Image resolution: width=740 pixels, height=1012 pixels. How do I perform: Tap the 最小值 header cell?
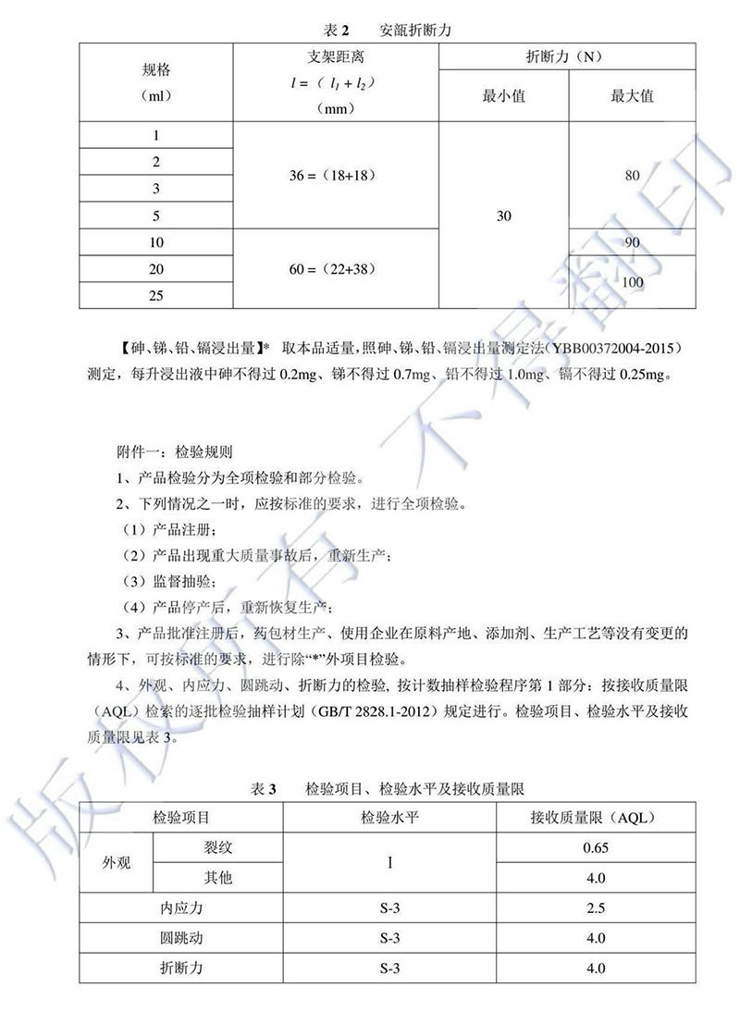[504, 96]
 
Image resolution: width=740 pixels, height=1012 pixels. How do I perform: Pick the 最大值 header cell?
[632, 96]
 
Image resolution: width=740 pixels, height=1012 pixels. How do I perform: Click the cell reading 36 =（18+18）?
[337, 175]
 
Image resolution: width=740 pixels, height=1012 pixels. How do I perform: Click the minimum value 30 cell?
[504, 216]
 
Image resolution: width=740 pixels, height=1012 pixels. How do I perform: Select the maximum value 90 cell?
[632, 242]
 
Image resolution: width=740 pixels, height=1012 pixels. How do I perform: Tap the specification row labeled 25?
[156, 295]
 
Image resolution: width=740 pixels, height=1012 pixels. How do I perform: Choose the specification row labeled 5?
[156, 216]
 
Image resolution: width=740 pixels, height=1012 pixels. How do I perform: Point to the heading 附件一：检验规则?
[175, 454]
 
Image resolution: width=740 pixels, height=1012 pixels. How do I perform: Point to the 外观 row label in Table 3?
[117, 862]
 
